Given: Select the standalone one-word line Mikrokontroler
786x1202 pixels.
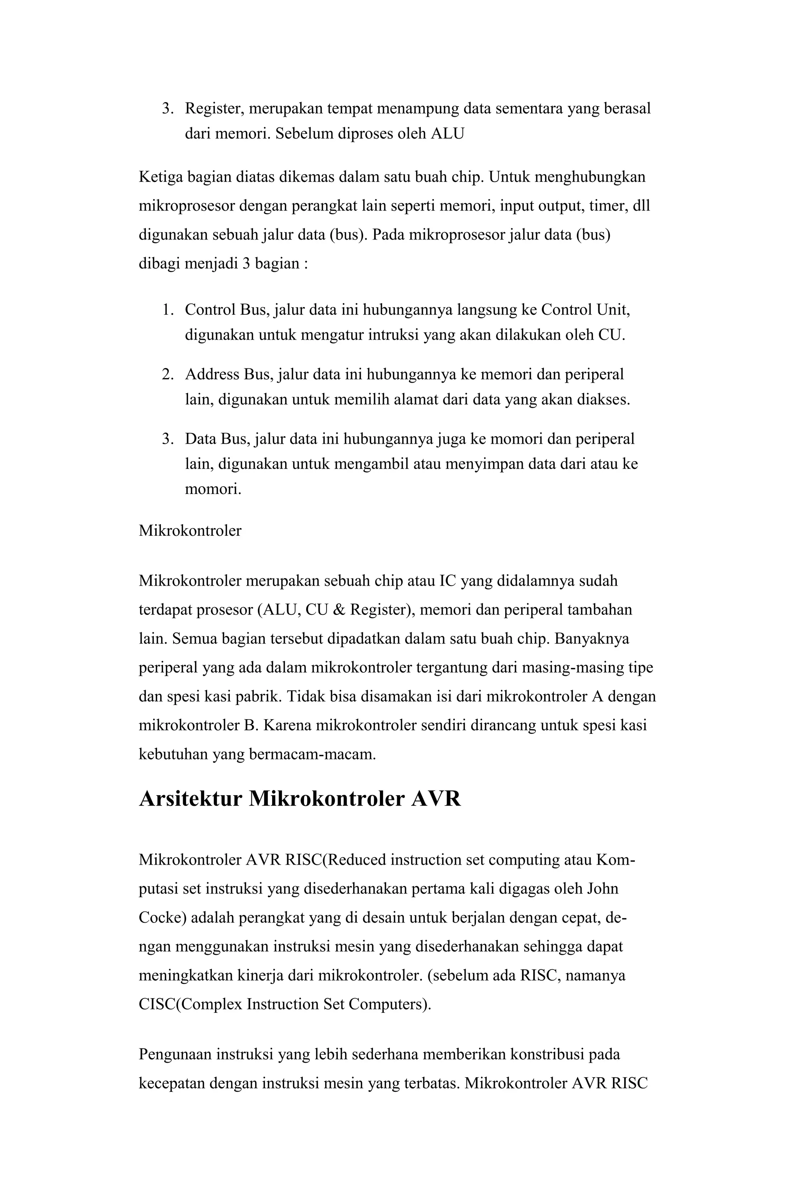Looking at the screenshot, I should pos(190,531).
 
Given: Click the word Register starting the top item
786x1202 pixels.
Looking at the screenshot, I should pos(214,109).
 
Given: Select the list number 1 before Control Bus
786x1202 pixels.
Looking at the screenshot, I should pos(167,310).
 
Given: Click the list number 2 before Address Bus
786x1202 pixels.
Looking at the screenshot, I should pos(167,374).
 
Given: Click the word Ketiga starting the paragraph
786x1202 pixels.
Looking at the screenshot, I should pos(161,177).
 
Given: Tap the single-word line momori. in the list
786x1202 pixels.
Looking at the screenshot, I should pos(213,489).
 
